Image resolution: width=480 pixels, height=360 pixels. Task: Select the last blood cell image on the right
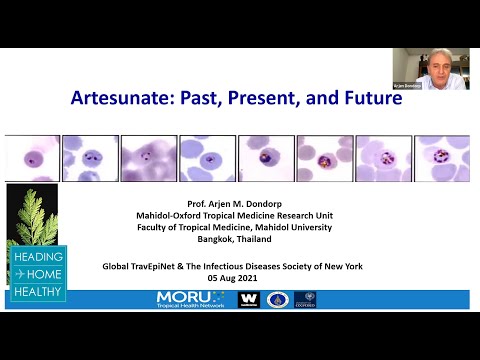[x=441, y=157]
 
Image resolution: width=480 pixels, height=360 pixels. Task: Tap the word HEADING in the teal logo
[x=37, y=256]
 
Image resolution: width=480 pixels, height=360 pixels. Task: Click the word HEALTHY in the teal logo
[x=37, y=292]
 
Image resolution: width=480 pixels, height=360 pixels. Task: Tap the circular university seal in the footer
[x=277, y=299]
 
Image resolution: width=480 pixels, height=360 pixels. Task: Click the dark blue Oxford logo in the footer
[x=305, y=299]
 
